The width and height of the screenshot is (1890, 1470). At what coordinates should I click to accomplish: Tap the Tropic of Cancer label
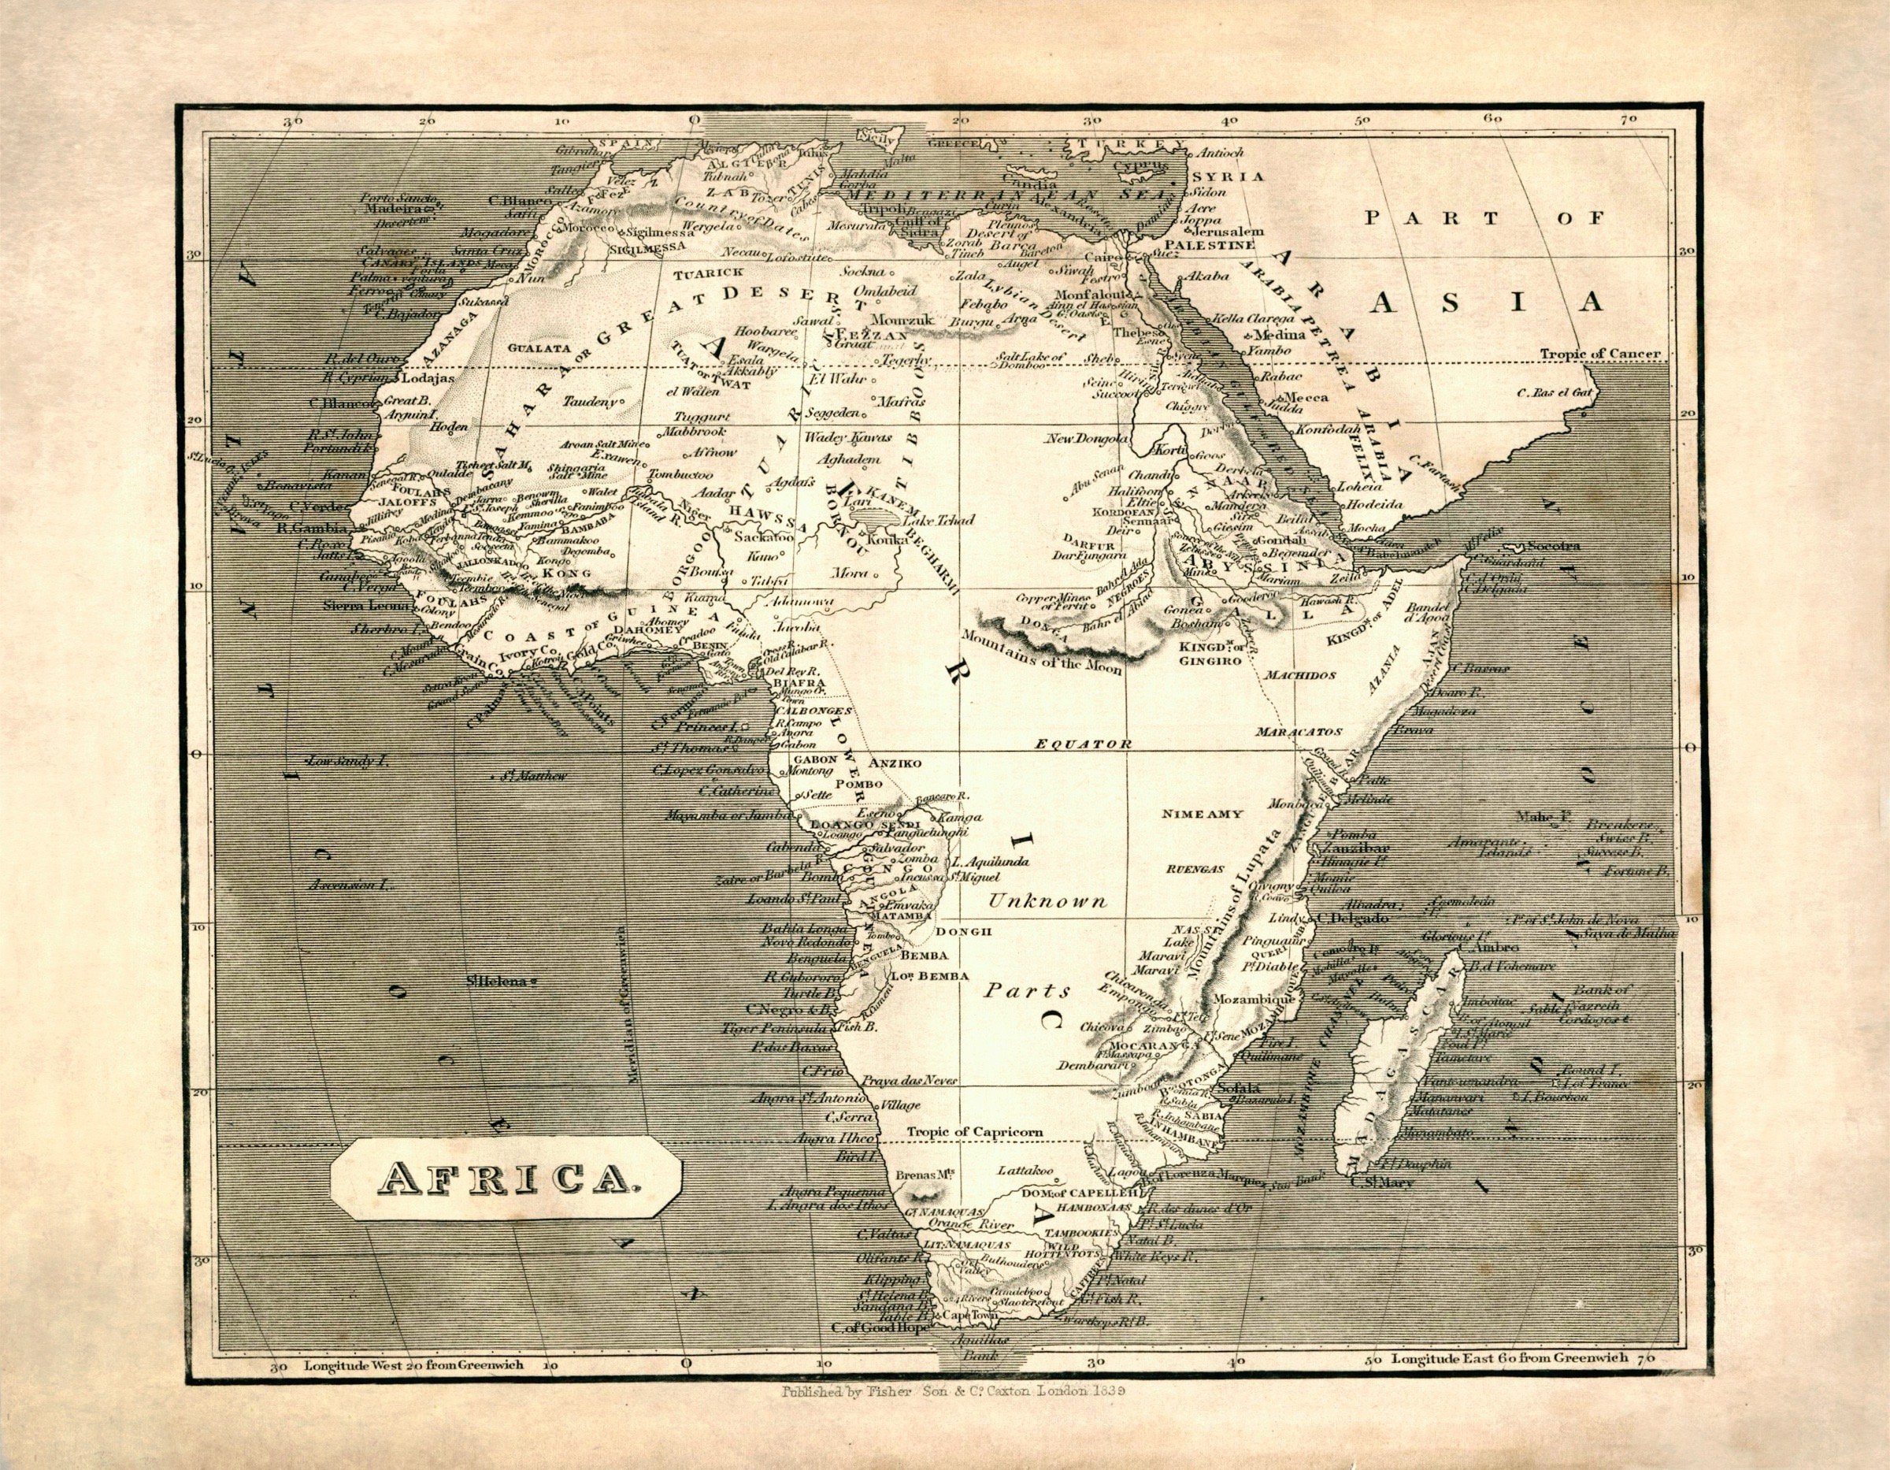pos(1599,353)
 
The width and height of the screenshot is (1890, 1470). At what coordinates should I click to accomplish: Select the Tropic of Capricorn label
pos(974,1131)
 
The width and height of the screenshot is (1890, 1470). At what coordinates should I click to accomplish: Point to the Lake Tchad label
pos(938,520)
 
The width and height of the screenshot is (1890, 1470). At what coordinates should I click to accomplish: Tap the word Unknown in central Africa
pos(1047,901)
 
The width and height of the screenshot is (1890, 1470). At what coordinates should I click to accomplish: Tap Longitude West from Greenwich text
pos(413,1365)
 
